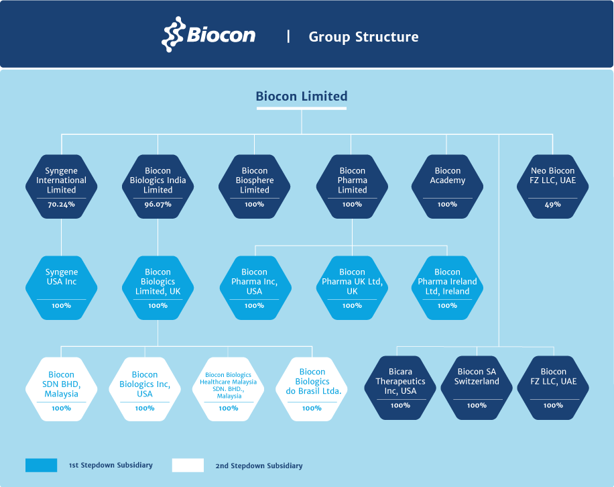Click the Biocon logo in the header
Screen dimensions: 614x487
pos(208,34)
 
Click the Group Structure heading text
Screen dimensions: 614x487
pos(363,37)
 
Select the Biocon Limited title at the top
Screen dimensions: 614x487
pos(302,96)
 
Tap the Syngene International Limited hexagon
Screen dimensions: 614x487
pos(62,186)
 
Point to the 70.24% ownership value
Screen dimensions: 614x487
pos(62,204)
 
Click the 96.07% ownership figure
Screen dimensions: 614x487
pos(158,204)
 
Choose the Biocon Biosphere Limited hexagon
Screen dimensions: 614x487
pos(255,186)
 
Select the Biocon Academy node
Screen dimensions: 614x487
pos(447,186)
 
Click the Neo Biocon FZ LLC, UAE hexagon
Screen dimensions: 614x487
pos(552,186)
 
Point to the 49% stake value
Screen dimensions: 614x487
pos(552,204)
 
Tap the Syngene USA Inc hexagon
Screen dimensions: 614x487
pos(62,288)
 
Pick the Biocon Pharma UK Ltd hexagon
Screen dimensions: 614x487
pos(352,288)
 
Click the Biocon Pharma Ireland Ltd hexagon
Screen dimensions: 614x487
pos(447,288)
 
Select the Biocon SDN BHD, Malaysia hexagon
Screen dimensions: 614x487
pos(62,389)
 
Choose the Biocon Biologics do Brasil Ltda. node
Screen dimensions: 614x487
pos(312,389)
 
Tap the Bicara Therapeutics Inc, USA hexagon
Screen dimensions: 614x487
pos(400,388)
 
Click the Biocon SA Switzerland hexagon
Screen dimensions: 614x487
pos(477,388)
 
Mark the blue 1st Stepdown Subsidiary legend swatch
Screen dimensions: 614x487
pos(41,465)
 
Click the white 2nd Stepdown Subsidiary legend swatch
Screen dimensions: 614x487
pos(188,465)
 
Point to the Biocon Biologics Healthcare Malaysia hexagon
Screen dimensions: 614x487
pos(229,389)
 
